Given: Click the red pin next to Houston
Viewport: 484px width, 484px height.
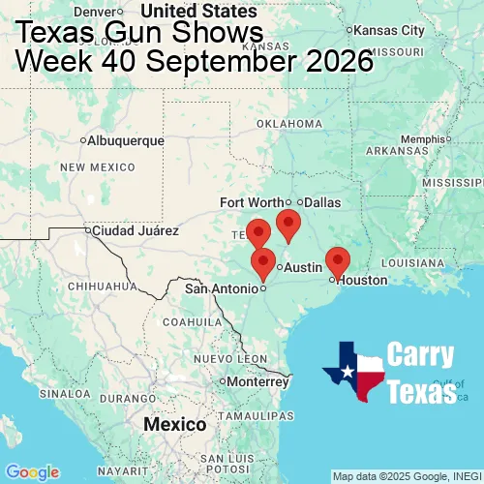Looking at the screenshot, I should pos(337,260).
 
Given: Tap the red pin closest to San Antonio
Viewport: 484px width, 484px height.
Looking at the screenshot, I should pos(262,262).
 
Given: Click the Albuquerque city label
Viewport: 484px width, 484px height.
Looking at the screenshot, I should pos(125,141).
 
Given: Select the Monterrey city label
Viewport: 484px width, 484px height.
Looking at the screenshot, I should pos(258,381).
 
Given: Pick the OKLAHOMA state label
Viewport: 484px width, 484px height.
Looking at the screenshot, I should pos(289,124).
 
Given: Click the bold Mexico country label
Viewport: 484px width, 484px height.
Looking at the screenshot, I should pos(174,425).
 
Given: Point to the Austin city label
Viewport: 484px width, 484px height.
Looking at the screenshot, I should pos(303,266).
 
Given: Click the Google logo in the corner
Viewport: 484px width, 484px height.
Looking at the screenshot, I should pos(32,471).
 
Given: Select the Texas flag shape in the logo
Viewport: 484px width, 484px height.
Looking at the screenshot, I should pos(353,372).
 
